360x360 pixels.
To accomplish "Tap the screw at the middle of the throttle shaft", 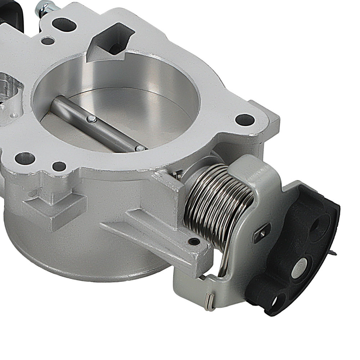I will pos(92,119).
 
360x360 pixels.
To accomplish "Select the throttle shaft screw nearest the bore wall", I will pos(140,148).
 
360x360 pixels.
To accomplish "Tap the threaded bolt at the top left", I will pos(45,8).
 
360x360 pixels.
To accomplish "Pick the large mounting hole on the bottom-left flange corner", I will pos(25,158).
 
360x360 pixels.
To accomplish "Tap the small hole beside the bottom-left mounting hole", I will pos(59,166).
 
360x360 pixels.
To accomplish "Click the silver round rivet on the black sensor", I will pos(300,266).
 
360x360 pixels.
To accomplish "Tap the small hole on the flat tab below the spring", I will pos(194,241).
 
